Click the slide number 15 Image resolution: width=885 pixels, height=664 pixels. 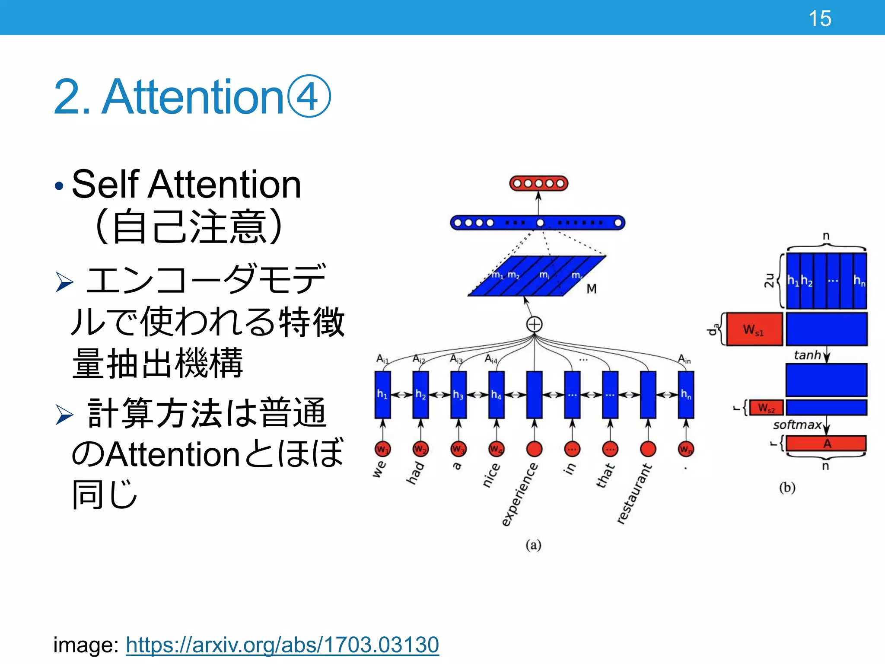pyautogui.click(x=819, y=19)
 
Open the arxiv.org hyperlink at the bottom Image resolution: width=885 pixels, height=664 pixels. pyautogui.click(x=282, y=645)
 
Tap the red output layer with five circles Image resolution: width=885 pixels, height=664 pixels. pyautogui.click(x=538, y=183)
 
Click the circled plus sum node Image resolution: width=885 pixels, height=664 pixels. pyautogui.click(x=535, y=324)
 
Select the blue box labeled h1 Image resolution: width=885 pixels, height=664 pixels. pyautogui.click(x=382, y=394)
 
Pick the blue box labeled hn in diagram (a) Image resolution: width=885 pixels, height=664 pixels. pyautogui.click(x=686, y=394)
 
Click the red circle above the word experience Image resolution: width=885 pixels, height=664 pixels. pyautogui.click(x=535, y=449)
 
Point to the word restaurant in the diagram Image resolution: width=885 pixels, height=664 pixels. pyautogui.click(x=634, y=494)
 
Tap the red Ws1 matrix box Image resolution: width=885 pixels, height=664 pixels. pyautogui.click(x=754, y=329)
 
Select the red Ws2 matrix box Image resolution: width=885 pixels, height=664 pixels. pyautogui.click(x=766, y=408)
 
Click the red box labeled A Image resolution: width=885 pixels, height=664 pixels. pyautogui.click(x=826, y=444)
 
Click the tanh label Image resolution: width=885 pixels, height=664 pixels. pyautogui.click(x=807, y=355)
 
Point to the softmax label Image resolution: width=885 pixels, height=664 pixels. pyautogui.click(x=797, y=425)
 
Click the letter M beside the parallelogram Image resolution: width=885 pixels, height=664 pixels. pyautogui.click(x=592, y=289)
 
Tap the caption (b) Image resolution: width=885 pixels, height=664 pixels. pyautogui.click(x=787, y=488)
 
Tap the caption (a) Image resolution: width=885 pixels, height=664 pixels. pyautogui.click(x=533, y=545)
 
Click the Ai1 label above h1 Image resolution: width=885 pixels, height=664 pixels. pyautogui.click(x=382, y=359)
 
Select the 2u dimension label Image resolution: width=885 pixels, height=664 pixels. pyautogui.click(x=769, y=280)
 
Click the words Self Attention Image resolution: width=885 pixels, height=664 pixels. pyautogui.click(x=186, y=185)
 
